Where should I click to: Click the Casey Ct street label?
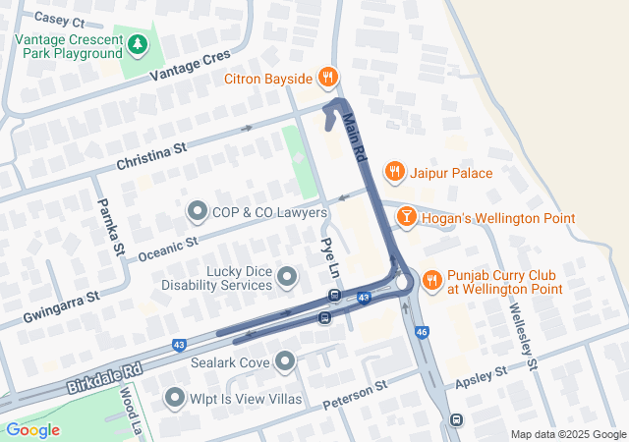pos(60,21)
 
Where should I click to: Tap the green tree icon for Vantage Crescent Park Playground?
pos(139,43)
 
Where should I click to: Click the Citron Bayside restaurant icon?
pos(328,78)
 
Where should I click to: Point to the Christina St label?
pos(151,155)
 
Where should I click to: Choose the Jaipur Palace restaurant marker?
pos(395,172)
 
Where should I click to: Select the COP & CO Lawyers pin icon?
pos(198,211)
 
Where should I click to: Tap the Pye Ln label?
pos(330,256)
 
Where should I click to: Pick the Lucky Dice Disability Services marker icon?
pos(287,278)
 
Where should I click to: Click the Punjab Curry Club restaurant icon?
pos(431,282)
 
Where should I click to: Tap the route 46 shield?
pos(422,333)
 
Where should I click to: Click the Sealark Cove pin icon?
pos(286,362)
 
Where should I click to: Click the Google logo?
pos(33,430)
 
